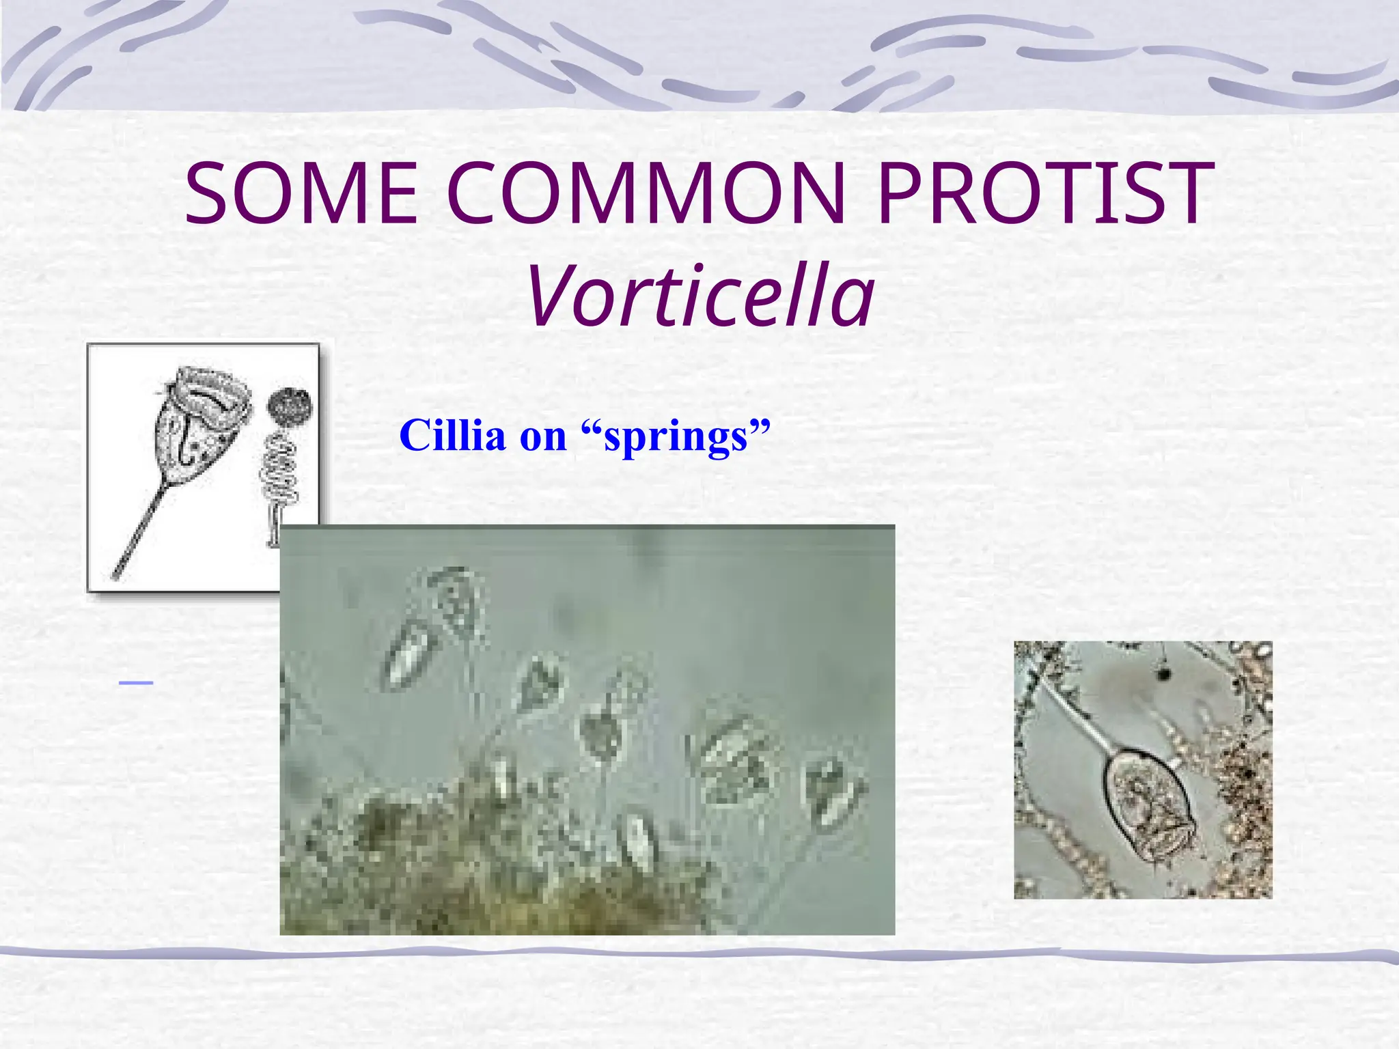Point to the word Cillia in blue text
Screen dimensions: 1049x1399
tap(452, 435)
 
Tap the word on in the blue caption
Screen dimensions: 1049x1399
tap(543, 436)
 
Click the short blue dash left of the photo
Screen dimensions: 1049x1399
tap(135, 682)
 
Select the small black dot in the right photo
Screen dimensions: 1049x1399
tap(1163, 674)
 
